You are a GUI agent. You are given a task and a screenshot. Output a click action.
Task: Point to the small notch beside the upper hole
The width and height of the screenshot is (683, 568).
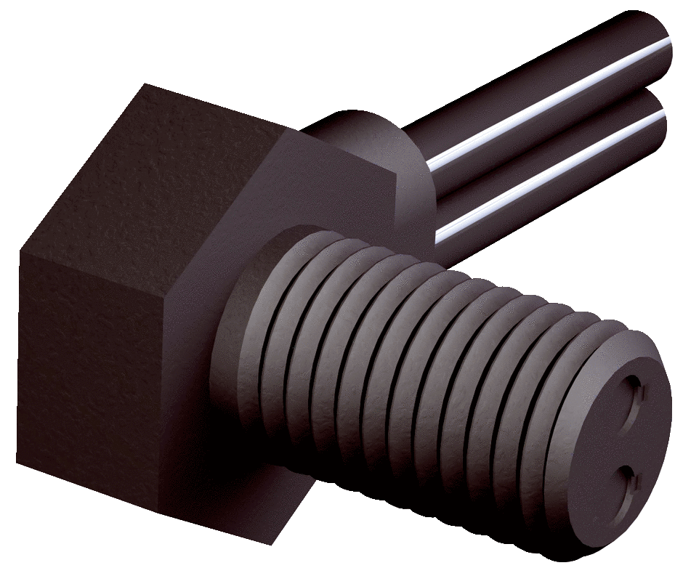642,393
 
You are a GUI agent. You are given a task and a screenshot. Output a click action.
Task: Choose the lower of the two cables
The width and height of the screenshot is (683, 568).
552,182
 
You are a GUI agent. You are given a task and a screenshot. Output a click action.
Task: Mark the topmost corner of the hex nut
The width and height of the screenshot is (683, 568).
149,86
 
